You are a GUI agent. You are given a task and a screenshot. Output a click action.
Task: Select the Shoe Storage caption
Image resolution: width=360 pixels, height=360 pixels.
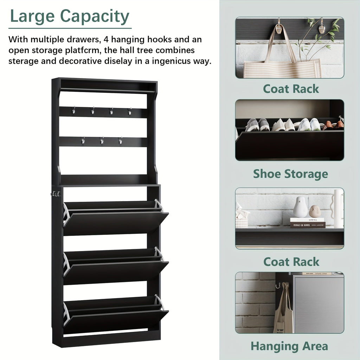290,174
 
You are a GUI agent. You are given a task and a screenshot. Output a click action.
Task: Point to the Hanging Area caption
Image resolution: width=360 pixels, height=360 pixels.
289,346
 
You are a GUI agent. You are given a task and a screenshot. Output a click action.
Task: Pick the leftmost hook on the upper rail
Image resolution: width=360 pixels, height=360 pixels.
74,111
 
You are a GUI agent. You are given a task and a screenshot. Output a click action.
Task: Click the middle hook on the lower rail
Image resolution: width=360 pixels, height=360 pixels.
102,141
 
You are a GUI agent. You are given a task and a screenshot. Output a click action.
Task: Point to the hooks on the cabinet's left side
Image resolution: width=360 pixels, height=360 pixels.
56,194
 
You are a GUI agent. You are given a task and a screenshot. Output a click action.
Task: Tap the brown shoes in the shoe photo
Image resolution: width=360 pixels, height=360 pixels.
333,125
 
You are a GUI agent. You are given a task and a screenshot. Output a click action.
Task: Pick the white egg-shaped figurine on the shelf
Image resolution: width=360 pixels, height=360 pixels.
300,207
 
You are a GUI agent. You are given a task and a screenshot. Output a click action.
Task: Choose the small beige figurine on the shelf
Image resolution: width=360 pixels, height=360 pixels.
315,211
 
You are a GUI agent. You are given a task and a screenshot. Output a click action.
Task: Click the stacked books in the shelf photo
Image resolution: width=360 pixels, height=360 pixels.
307,223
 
